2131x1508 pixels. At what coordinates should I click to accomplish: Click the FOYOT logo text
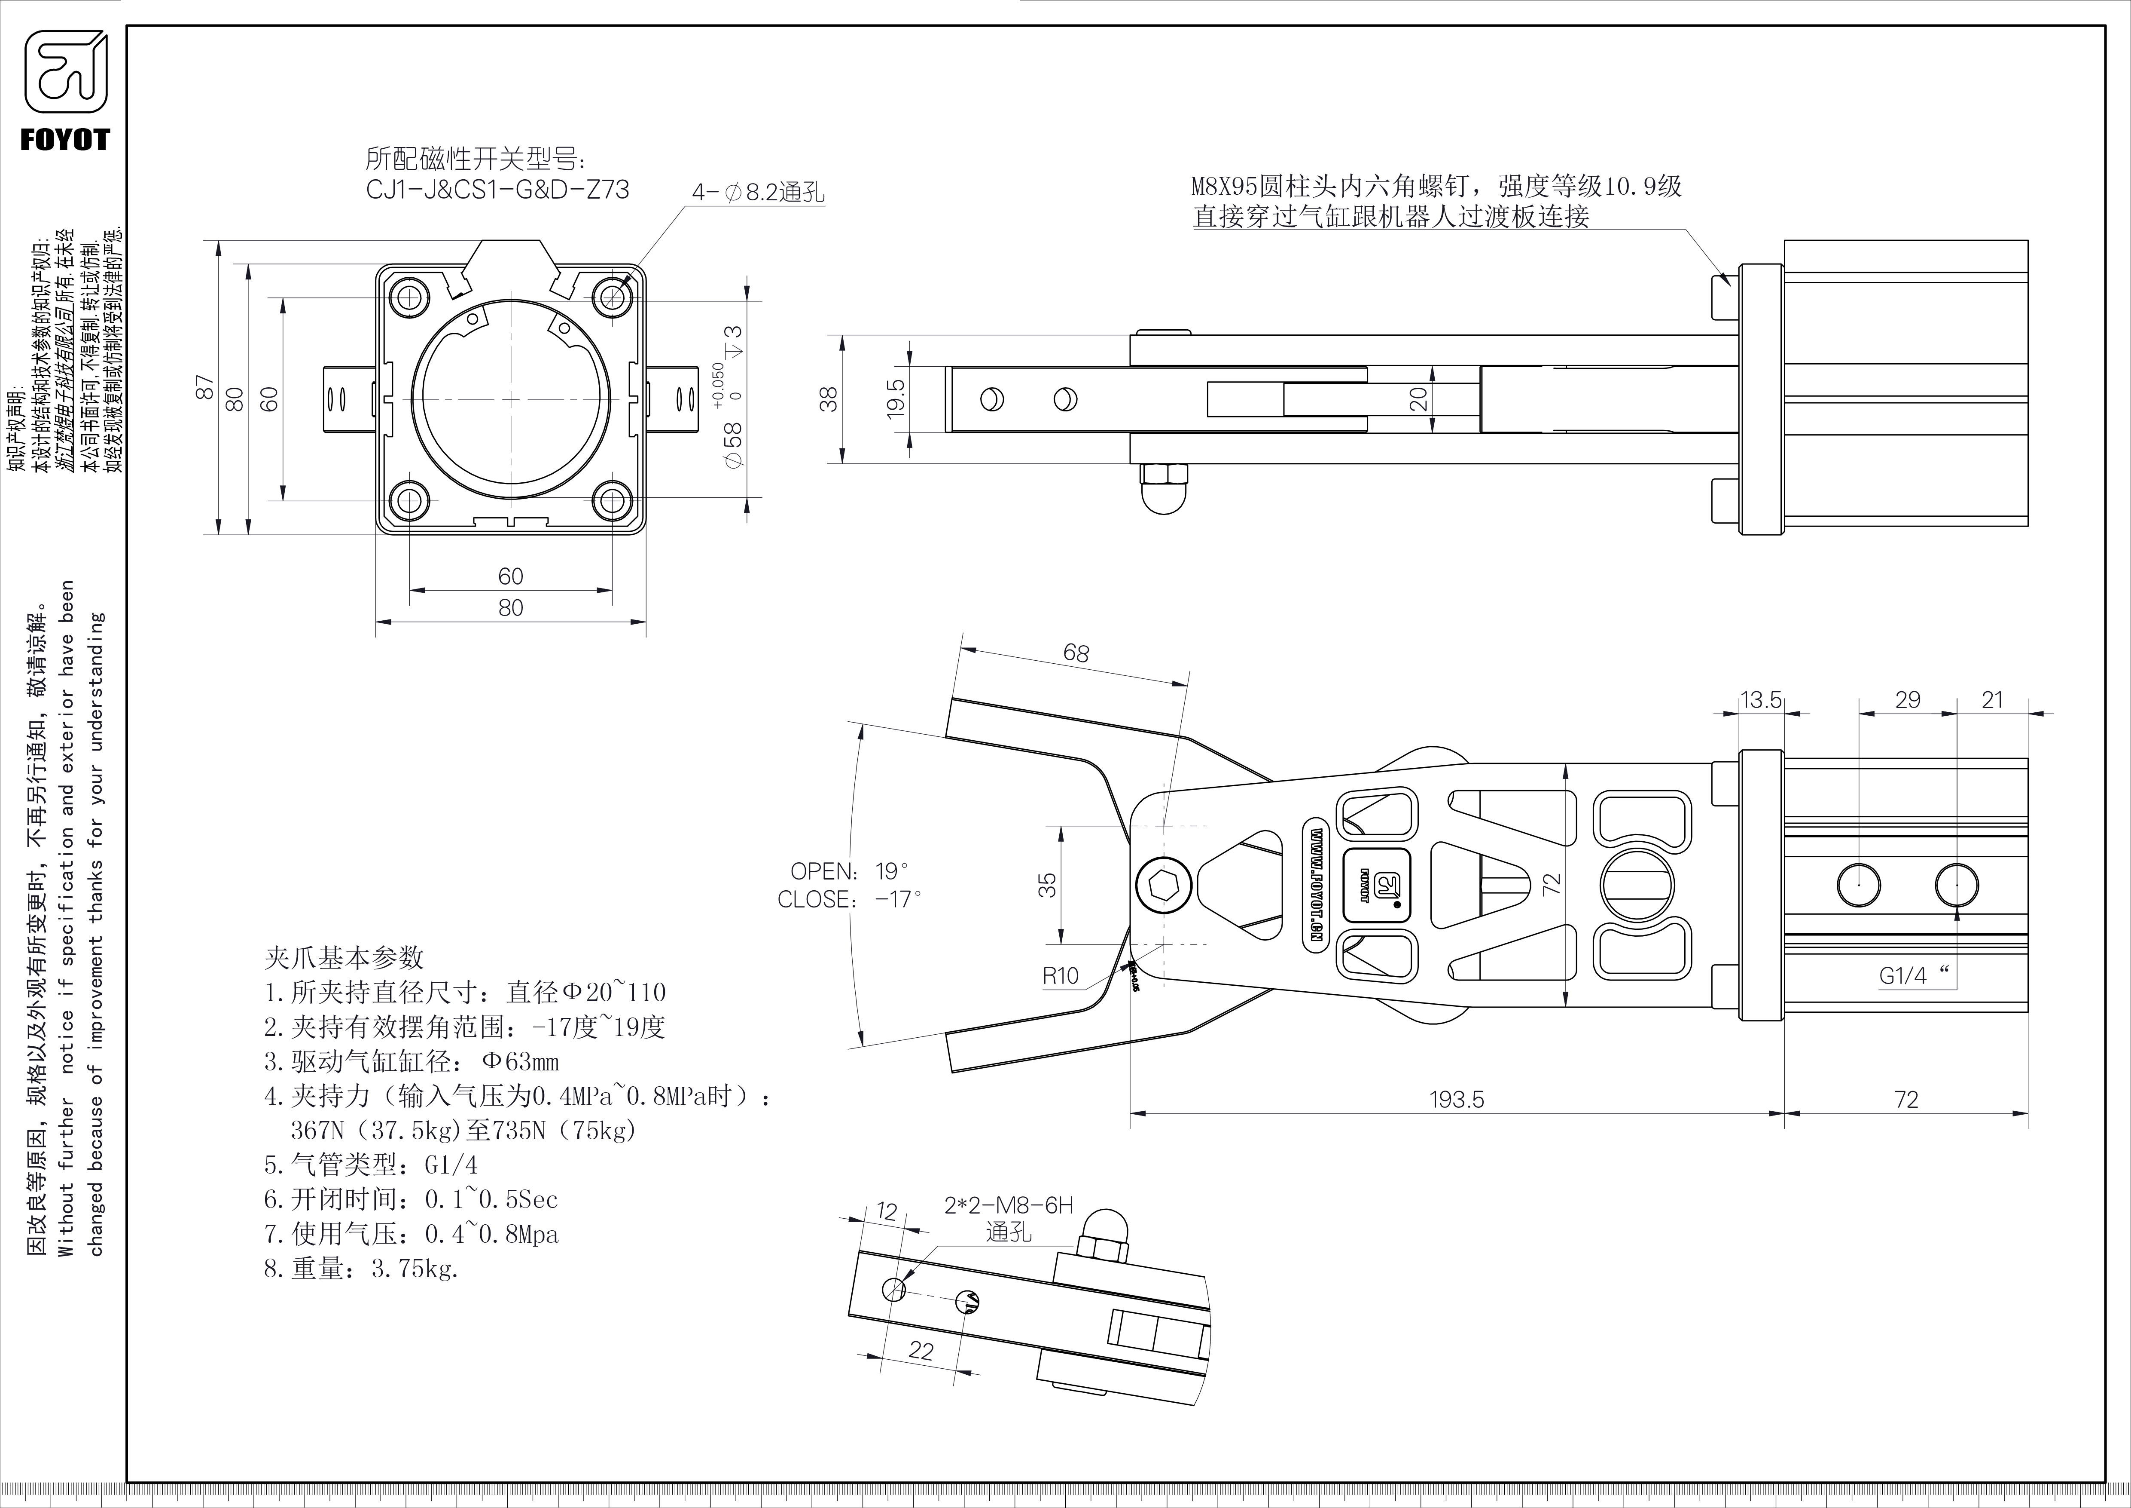click(65, 140)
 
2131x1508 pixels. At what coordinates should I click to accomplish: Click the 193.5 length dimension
click(1456, 1100)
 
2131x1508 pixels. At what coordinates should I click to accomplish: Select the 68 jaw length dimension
click(1076, 653)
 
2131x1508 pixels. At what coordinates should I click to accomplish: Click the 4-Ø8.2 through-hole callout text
click(758, 192)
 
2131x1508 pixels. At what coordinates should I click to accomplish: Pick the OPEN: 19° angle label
click(848, 871)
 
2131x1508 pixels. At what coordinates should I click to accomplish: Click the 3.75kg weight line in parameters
click(362, 1269)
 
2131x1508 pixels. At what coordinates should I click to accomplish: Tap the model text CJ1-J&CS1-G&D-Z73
click(497, 190)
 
